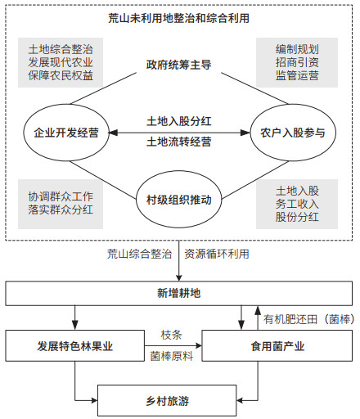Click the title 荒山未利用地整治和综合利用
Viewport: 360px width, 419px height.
(178, 18)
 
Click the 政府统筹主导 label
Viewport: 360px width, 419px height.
(178, 65)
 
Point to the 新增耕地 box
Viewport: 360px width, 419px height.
(178, 293)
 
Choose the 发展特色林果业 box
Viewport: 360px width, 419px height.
(75, 346)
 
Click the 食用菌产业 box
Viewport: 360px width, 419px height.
(277, 346)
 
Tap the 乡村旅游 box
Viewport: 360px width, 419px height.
(167, 401)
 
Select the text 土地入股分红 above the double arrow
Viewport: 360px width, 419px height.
(178, 121)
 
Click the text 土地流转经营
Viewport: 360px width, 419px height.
(178, 142)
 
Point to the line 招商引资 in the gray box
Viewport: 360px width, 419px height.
(297, 62)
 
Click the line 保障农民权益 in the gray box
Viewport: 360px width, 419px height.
(61, 75)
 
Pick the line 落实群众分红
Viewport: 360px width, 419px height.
(61, 209)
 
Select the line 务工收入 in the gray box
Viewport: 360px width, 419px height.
(297, 204)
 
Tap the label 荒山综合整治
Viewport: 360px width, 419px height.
(139, 254)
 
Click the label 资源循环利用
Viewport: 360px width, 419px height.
(217, 254)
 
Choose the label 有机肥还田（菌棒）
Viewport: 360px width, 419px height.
(309, 319)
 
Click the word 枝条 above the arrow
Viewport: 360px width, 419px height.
(171, 335)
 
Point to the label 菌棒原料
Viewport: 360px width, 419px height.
(172, 356)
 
